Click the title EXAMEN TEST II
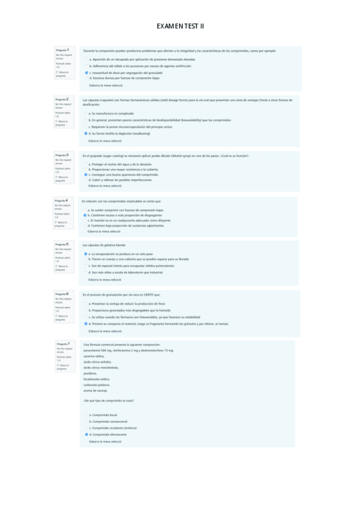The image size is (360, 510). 180,26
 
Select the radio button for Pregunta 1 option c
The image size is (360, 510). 87,72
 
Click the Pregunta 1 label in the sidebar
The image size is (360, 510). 62,49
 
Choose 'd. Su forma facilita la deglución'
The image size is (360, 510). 87,134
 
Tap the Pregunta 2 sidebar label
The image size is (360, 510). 62,99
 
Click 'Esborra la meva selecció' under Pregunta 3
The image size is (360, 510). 105,185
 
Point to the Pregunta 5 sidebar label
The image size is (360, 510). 62,244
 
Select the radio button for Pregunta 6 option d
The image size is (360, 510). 87,324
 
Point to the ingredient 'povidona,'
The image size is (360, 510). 91,372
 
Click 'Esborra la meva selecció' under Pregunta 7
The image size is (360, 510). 105,441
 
